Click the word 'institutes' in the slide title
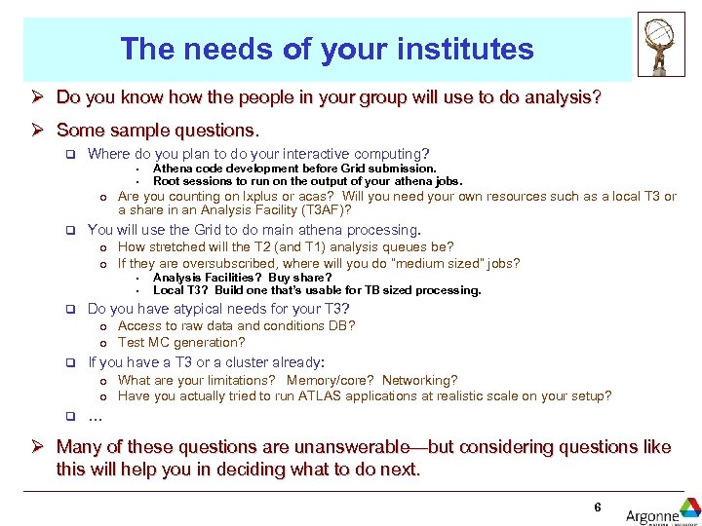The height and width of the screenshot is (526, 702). (470, 50)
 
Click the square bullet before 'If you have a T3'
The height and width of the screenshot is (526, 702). (70, 362)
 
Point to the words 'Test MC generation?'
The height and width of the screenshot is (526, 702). (181, 342)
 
